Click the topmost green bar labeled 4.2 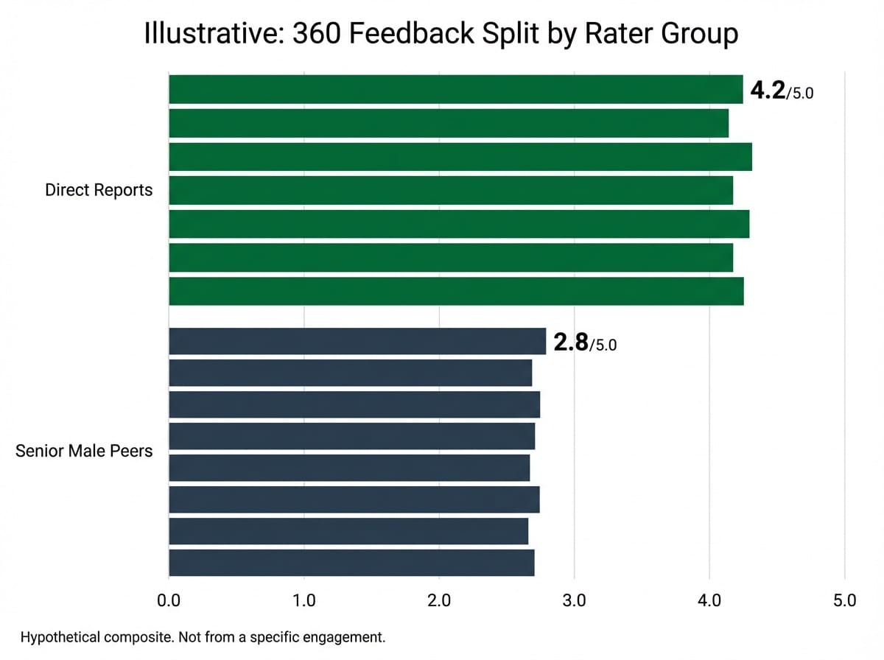click(455, 89)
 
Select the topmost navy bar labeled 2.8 click(357, 342)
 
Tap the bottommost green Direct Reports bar click(456, 291)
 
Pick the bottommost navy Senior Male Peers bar click(351, 563)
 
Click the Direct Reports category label click(99, 190)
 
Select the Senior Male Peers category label click(84, 451)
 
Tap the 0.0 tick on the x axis click(169, 600)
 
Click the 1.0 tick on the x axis click(304, 600)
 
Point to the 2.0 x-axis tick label click(439, 600)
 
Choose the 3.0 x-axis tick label click(574, 600)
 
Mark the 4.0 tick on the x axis click(709, 600)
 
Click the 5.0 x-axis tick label click(844, 600)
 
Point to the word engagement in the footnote click(348, 637)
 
